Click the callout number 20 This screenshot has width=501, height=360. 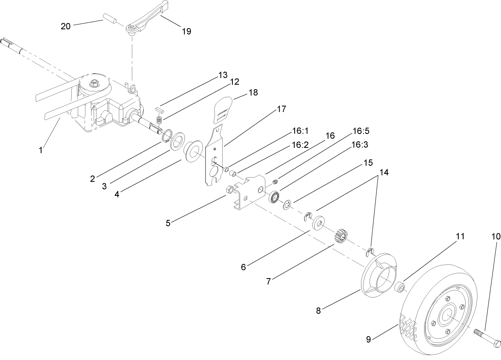coord(66,26)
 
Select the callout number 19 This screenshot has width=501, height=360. coord(186,32)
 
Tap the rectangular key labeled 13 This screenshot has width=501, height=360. coord(160,110)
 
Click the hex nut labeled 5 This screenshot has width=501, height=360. coord(229,189)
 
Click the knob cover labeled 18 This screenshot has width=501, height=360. coord(223,108)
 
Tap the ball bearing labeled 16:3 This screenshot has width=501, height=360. coord(274,197)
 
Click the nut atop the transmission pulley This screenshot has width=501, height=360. coord(95,83)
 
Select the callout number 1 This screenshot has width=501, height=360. coord(40,150)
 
